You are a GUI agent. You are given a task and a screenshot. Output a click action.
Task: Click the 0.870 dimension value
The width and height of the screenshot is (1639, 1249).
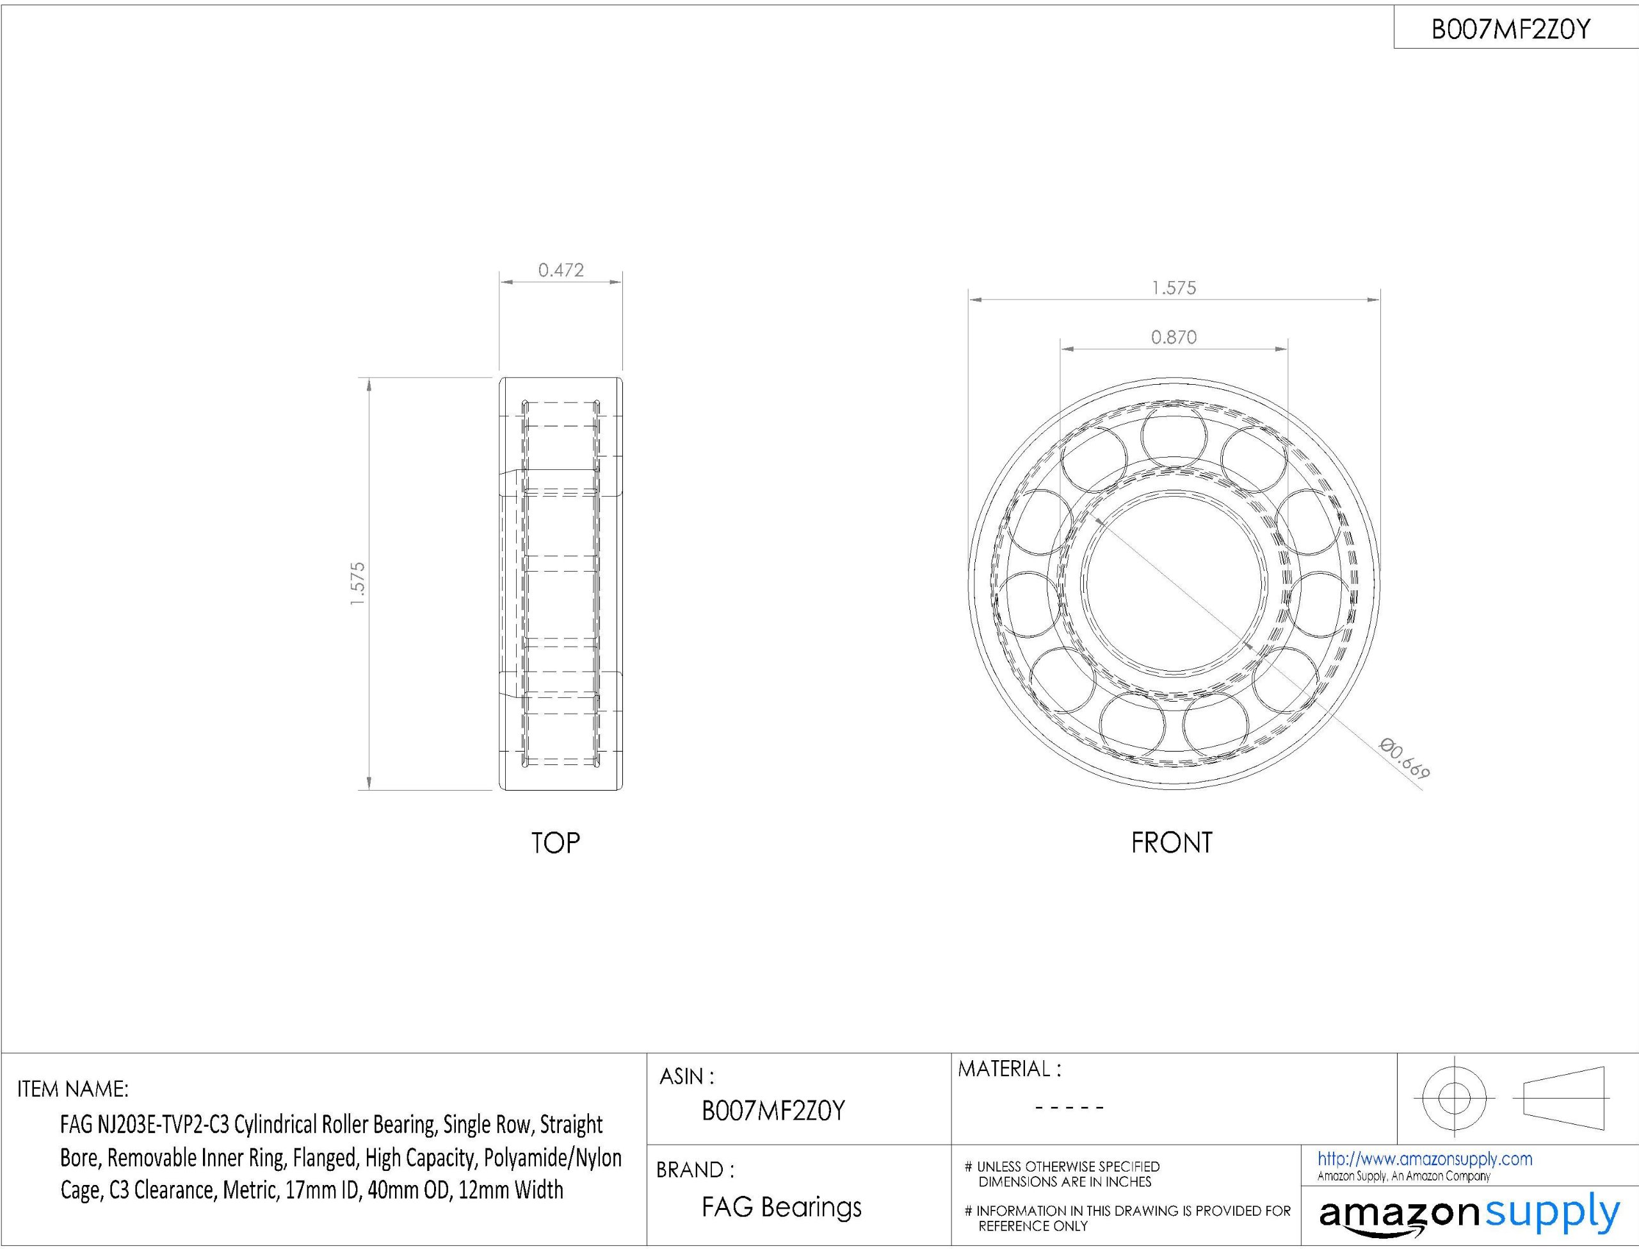coord(1174,337)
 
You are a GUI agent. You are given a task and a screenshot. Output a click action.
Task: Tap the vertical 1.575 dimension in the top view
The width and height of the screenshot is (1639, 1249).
coord(357,584)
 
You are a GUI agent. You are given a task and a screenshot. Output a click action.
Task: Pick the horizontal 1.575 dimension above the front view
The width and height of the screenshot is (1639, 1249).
coord(1174,287)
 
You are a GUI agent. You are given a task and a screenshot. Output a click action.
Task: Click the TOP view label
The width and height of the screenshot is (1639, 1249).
coord(555,843)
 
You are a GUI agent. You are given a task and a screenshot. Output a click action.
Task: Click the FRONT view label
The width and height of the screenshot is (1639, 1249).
coord(1172,842)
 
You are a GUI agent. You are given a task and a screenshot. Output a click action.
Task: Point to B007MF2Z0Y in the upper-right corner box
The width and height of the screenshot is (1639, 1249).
coord(1510,29)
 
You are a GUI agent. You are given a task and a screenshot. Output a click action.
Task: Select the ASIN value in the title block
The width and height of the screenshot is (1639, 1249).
coord(773,1111)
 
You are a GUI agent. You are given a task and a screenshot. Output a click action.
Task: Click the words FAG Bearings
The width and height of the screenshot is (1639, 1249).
coord(781,1207)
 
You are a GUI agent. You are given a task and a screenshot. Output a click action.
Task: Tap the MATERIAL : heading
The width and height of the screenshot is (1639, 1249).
coord(1008,1069)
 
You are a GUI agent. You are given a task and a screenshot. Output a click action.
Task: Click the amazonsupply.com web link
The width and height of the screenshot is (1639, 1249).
coord(1424,1159)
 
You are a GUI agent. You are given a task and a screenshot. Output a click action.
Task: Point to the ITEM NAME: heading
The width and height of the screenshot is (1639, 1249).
coord(73,1089)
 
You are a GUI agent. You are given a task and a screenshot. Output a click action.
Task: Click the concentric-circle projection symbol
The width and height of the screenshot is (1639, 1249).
coord(1454,1097)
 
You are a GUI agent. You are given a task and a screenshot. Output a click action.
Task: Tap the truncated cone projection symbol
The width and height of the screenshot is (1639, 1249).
coord(1563,1097)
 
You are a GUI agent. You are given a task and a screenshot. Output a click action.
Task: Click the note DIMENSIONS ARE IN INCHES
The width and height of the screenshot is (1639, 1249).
coord(1065,1182)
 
